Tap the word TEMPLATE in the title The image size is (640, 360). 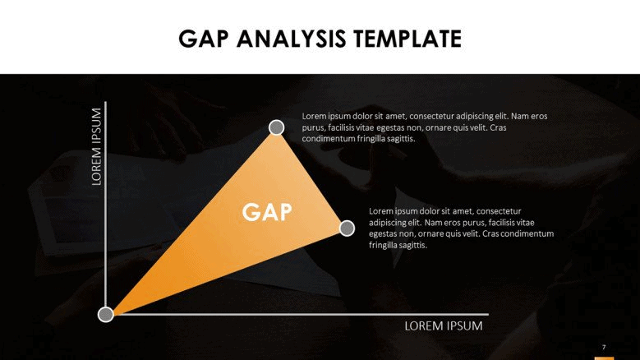[407, 39]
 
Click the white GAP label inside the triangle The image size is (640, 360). [267, 212]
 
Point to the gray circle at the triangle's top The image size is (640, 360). [277, 127]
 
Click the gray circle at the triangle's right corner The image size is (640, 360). [347, 228]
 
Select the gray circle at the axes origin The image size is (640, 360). [106, 314]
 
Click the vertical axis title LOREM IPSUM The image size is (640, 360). [96, 146]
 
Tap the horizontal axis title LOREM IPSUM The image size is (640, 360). [444, 326]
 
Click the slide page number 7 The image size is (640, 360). [604, 348]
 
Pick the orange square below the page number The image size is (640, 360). [604, 358]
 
